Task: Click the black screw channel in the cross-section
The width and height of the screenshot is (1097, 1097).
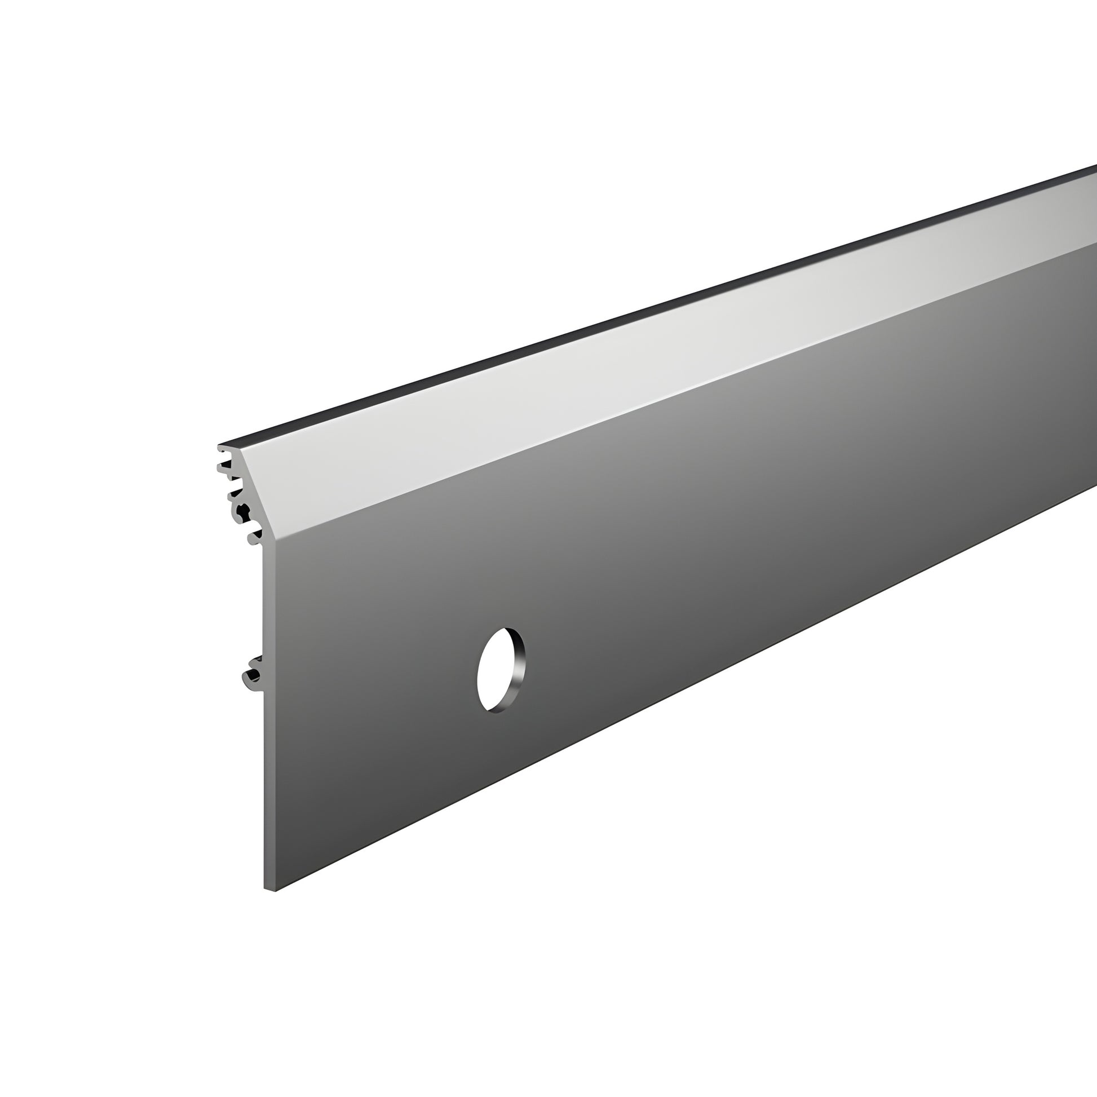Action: point(244,512)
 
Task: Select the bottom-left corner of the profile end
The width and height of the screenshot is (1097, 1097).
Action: point(265,887)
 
